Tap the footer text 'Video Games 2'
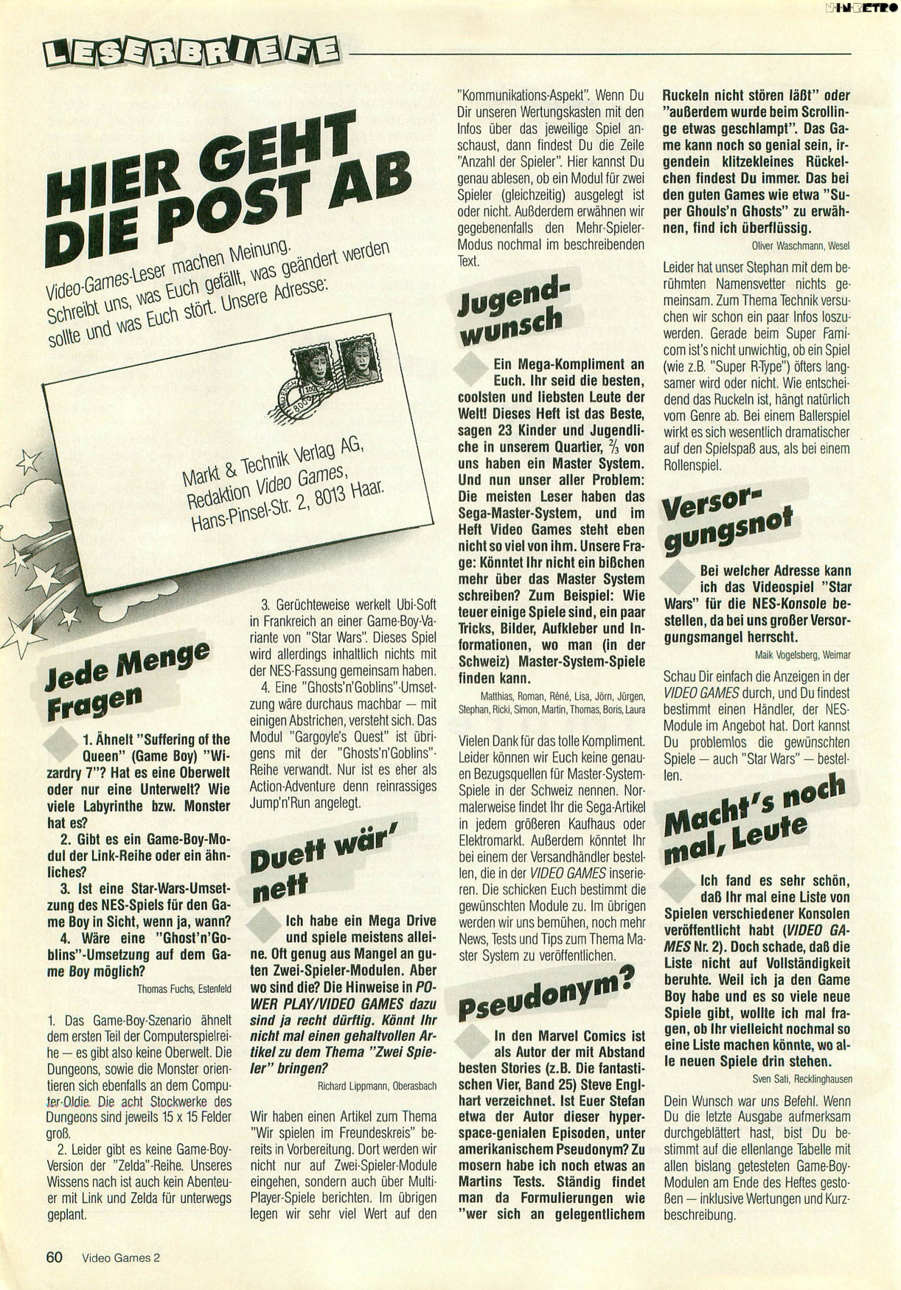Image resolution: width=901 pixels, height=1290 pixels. pos(121,1258)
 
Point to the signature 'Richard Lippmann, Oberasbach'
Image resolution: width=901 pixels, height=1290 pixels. pos(377,1085)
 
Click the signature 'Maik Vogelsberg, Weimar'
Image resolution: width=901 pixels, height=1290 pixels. pos(803,655)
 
